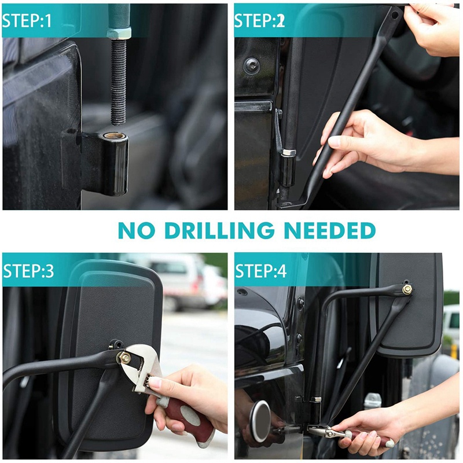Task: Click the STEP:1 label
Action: click(27, 21)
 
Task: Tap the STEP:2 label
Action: click(259, 21)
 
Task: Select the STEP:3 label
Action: click(28, 271)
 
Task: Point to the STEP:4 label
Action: click(261, 271)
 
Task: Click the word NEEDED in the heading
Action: click(330, 230)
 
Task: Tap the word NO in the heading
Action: click(137, 230)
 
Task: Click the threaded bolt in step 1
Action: click(119, 82)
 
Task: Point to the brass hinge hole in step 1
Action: click(115, 136)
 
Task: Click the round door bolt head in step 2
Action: click(251, 66)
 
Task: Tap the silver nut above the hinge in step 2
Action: click(289, 153)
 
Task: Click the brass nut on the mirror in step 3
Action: click(124, 358)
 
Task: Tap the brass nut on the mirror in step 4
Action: click(407, 290)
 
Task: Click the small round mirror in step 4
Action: click(260, 422)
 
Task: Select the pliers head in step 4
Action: click(322, 431)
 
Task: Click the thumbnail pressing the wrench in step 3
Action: click(155, 383)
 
